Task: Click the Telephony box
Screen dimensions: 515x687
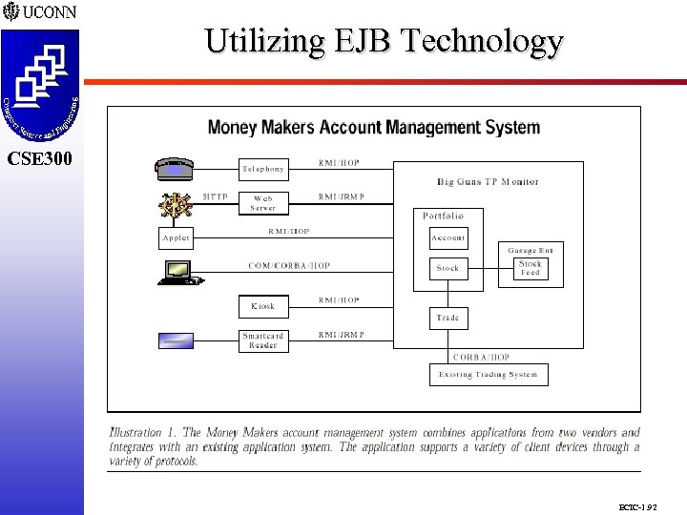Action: click(262, 169)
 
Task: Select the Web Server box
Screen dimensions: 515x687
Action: click(262, 203)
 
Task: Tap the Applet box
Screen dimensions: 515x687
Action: click(176, 237)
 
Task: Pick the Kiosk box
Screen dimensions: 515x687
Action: click(262, 306)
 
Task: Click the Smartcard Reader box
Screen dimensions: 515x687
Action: click(262, 340)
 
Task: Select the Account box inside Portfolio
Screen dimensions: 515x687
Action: click(448, 237)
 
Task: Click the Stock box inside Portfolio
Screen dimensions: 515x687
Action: click(448, 268)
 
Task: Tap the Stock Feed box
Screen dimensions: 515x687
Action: click(530, 268)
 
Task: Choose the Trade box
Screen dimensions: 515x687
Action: click(448, 318)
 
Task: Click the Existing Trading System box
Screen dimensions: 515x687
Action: click(488, 375)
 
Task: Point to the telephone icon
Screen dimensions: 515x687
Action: click(175, 168)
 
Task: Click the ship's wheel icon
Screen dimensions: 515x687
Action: click(176, 203)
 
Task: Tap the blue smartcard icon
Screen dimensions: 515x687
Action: click(176, 340)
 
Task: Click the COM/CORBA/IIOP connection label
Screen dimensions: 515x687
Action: click(289, 266)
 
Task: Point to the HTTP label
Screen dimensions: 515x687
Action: click(216, 197)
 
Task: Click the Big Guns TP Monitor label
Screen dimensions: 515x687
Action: click(488, 181)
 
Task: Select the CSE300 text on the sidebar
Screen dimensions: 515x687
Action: click(39, 158)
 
